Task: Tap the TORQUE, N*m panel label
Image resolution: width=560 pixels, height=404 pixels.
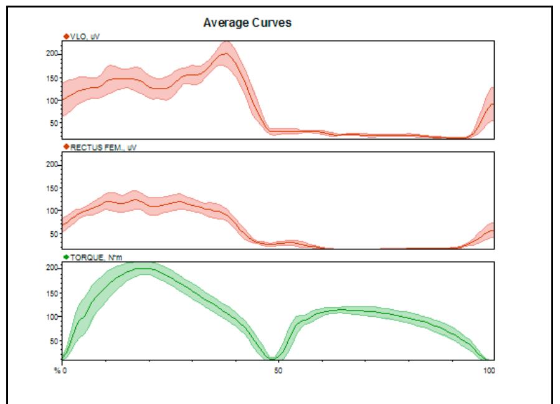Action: (93, 257)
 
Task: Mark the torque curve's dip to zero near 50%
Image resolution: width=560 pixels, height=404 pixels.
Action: (272, 358)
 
